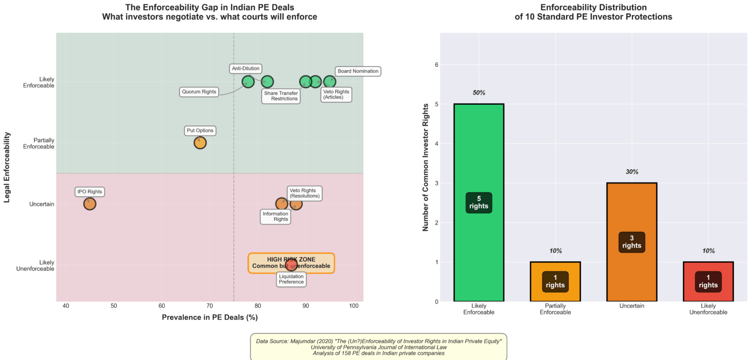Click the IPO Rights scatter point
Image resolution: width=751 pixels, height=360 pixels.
click(x=89, y=203)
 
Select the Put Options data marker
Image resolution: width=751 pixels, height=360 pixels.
click(x=200, y=143)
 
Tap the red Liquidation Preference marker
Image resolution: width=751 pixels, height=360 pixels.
click(x=291, y=265)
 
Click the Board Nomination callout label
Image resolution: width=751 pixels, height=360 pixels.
click(x=358, y=71)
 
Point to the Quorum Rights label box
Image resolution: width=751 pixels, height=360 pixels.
click(x=199, y=92)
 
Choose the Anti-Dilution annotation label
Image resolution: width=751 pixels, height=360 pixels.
click(x=245, y=68)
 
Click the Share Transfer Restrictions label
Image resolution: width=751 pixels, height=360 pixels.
click(x=281, y=96)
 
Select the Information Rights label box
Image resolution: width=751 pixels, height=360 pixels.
click(x=275, y=216)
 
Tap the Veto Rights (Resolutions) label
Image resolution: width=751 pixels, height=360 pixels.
click(x=304, y=193)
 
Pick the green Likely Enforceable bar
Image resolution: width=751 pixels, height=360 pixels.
click(x=479, y=202)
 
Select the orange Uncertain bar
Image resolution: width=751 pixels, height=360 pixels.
click(x=632, y=242)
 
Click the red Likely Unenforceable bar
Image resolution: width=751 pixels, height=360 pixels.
click(x=708, y=282)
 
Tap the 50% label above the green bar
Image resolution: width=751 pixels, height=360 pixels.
click(x=479, y=93)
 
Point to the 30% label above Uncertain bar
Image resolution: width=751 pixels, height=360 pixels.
click(x=632, y=172)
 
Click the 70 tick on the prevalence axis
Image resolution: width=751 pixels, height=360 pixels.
click(x=210, y=306)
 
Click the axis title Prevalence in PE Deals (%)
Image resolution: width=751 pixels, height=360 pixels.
click(x=210, y=317)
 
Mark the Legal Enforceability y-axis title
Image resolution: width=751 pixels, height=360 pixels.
click(x=7, y=167)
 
